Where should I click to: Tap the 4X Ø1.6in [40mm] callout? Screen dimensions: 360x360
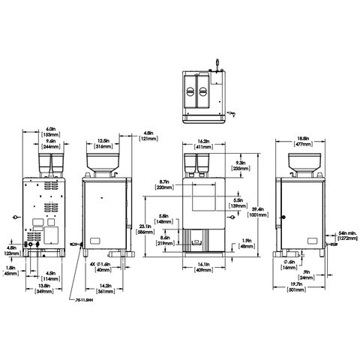(102, 268)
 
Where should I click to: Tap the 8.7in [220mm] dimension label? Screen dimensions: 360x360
(166, 184)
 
